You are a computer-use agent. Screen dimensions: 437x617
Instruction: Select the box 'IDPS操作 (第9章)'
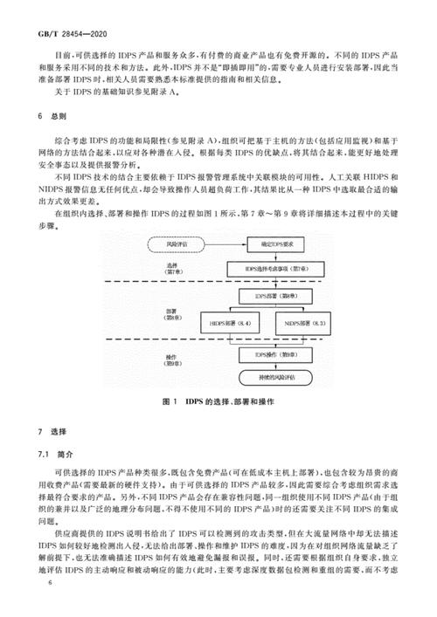(269, 355)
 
